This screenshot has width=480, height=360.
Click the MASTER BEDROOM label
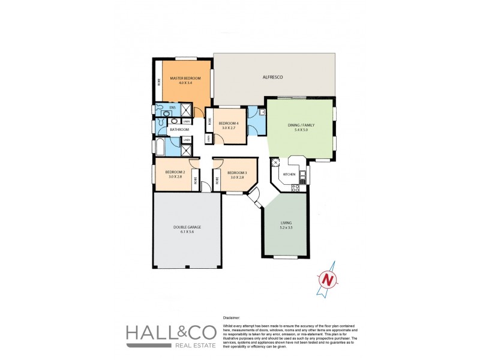coord(185,79)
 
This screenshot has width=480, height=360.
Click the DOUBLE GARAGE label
coord(188,227)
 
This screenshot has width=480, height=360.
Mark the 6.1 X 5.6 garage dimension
coord(188,232)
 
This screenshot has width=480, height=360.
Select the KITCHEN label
coord(289,174)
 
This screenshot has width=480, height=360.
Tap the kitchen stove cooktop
coord(295,187)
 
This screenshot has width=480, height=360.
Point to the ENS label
coord(172,108)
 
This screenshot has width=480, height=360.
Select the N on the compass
coord(327,279)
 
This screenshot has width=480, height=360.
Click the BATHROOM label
coord(179,130)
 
